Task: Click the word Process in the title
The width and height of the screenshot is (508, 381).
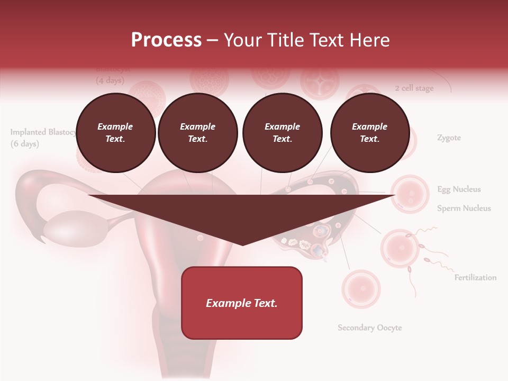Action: tap(166, 40)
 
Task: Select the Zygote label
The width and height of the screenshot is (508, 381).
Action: tap(449, 138)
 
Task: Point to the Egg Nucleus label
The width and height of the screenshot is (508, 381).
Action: tap(459, 189)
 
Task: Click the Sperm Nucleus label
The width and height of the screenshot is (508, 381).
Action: tap(464, 208)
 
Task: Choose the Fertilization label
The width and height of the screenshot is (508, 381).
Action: tap(475, 277)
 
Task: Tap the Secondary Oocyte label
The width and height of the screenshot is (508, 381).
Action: tap(370, 328)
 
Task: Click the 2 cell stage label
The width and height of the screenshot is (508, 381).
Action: tap(414, 88)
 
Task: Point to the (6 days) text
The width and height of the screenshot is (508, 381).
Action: tap(25, 144)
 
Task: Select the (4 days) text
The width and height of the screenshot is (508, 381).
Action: tap(110, 81)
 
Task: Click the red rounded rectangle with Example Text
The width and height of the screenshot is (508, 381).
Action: tap(242, 303)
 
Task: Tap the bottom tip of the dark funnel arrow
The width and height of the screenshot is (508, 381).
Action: tap(242, 244)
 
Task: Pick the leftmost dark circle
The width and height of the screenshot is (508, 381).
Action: tap(115, 133)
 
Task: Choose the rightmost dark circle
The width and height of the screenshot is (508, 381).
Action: tap(369, 133)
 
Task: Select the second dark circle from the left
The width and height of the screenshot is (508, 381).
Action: tap(197, 133)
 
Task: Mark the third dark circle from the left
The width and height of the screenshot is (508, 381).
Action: tap(282, 133)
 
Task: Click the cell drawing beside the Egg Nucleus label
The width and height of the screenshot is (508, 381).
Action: tap(410, 194)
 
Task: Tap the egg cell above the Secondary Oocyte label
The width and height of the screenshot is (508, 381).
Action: tap(361, 289)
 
